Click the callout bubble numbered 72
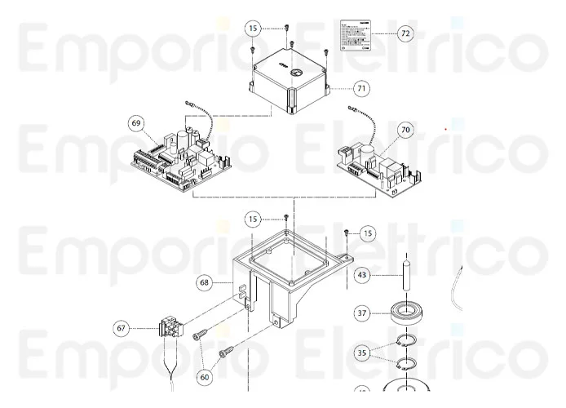pyautogui.click(x=405, y=33)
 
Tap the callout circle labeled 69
pyautogui.click(x=136, y=123)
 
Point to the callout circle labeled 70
pyautogui.click(x=405, y=130)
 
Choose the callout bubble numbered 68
pyautogui.click(x=205, y=282)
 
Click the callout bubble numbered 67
pyautogui.click(x=122, y=328)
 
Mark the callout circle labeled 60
pyautogui.click(x=204, y=377)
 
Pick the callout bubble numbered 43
pyautogui.click(x=362, y=276)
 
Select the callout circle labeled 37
pyautogui.click(x=362, y=313)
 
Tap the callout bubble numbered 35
pyautogui.click(x=362, y=353)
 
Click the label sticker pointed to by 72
pyautogui.click(x=356, y=33)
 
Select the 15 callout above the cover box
pyautogui.click(x=254, y=28)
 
